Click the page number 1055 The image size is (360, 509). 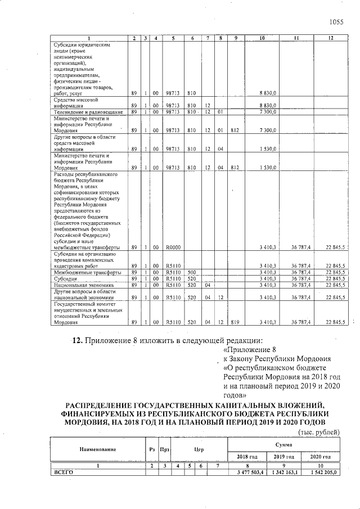point(336,22)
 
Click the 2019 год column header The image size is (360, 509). point(284,456)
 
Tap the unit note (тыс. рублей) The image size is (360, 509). point(318,432)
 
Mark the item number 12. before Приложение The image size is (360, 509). point(78,341)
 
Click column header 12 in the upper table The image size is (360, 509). point(331,38)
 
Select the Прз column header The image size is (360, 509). point(165,449)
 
